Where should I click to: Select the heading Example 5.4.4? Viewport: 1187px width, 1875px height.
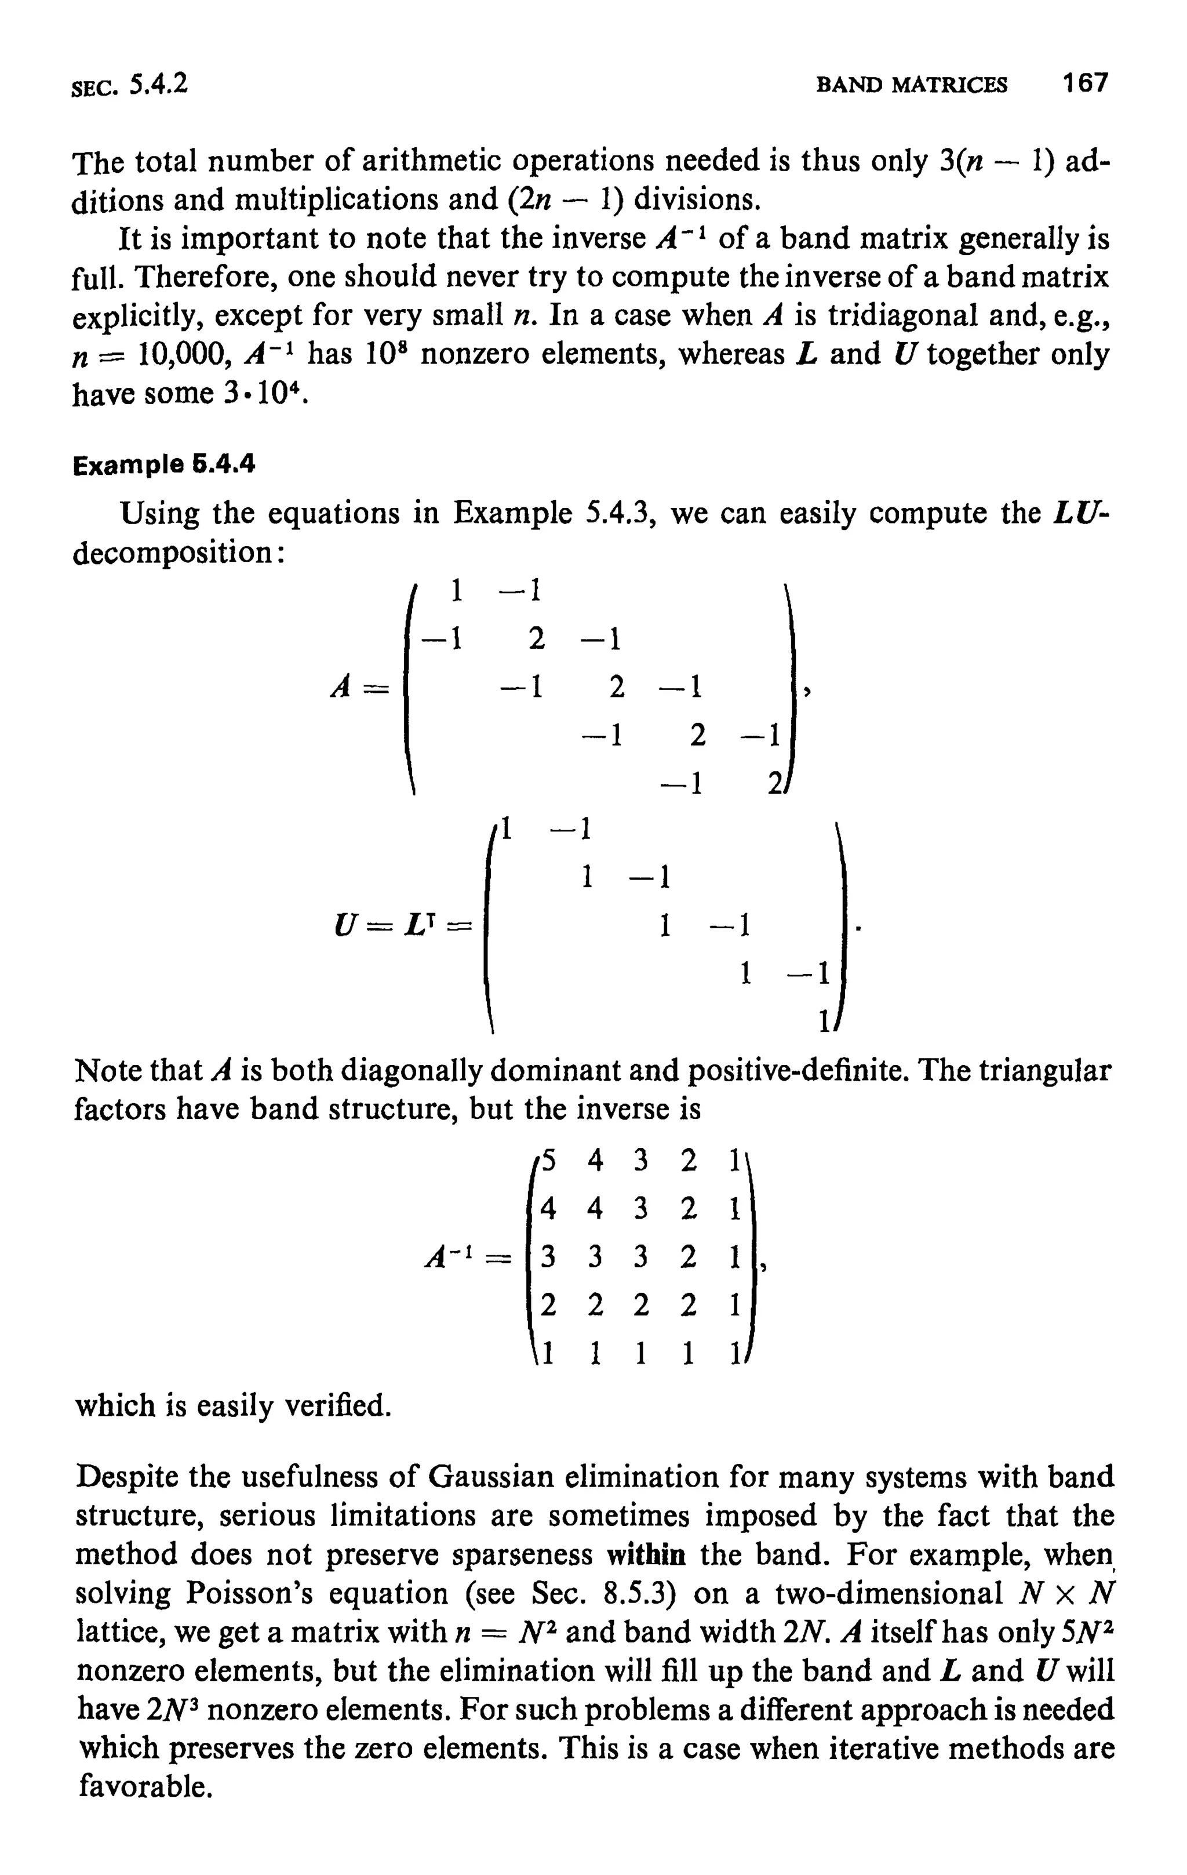tap(163, 466)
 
